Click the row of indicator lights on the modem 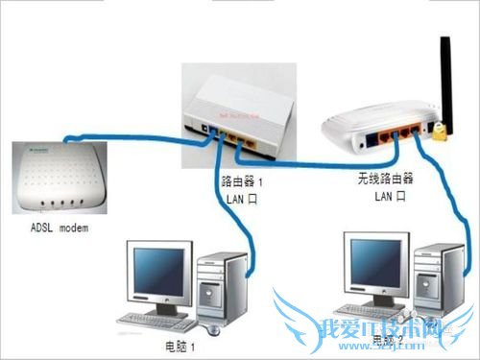coord(56,204)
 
